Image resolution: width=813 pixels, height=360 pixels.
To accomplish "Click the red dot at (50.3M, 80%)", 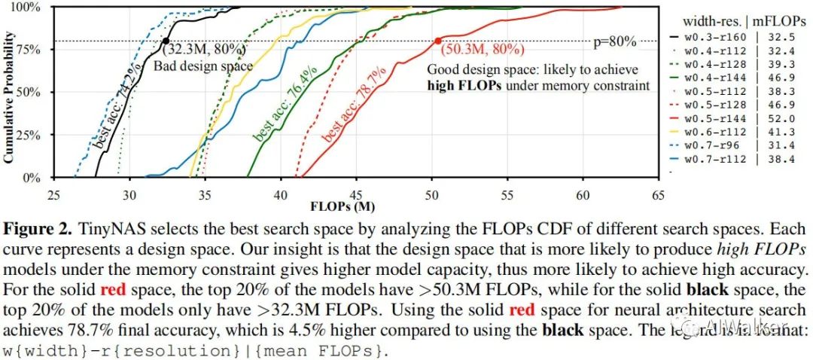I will pyautogui.click(x=437, y=41).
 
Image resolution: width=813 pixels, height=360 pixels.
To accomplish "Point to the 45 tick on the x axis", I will pyautogui.click(x=357, y=195).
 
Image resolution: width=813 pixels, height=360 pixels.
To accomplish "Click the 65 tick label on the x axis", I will pyautogui.click(x=659, y=195).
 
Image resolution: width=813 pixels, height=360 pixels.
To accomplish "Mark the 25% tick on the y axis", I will pyautogui.click(x=40, y=136).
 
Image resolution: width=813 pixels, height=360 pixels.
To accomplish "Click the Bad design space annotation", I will pyautogui.click(x=203, y=66).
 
